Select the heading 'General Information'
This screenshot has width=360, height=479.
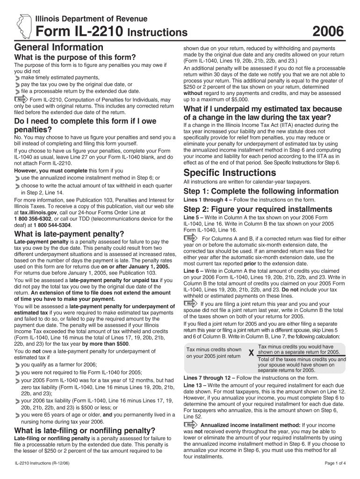click(59, 47)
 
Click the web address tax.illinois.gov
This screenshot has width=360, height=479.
click(35, 211)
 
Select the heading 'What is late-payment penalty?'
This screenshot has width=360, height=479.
click(69, 234)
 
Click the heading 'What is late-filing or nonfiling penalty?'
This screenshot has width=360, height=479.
click(85, 430)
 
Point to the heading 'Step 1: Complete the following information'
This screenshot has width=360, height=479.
click(261, 191)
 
